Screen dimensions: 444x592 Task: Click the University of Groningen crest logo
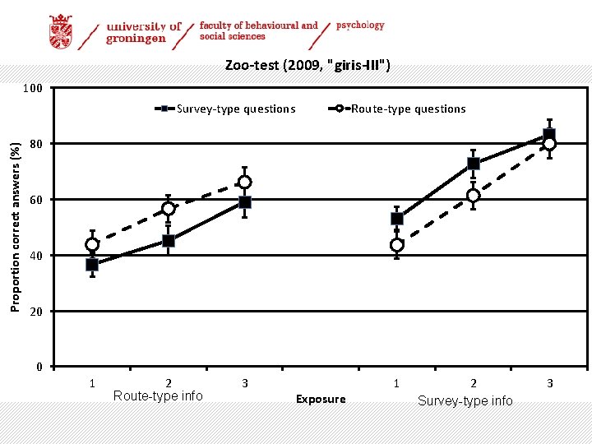[60, 32]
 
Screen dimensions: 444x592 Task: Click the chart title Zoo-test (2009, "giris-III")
[308, 66]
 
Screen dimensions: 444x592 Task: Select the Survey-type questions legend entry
[235, 109]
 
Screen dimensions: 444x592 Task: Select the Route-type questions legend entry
[408, 109]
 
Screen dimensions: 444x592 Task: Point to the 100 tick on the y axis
[33, 88]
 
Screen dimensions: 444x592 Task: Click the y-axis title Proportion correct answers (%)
[15, 227]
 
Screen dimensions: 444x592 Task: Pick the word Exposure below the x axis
[321, 399]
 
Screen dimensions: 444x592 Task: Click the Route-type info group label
[158, 396]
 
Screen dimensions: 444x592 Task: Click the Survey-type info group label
[465, 400]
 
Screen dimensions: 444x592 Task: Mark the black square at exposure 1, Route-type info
[92, 265]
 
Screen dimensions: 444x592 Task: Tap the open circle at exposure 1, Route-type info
[92, 244]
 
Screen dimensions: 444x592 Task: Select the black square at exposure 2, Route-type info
[169, 241]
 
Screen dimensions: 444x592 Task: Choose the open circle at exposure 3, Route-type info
[244, 182]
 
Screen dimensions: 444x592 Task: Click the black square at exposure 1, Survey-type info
[397, 219]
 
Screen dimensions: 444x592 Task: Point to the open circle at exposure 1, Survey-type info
[397, 245]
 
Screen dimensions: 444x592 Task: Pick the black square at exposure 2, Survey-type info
[473, 164]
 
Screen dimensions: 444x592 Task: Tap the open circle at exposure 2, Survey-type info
[473, 196]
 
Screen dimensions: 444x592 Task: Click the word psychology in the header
[360, 25]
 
